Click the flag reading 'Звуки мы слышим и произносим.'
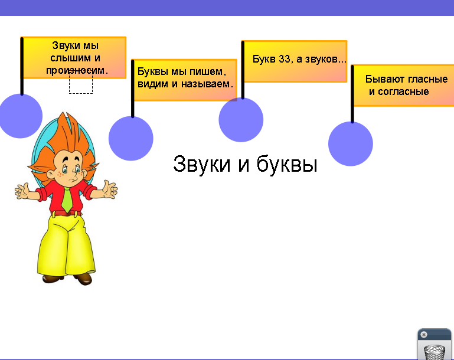click(x=74, y=58)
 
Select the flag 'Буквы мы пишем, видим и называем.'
click(x=185, y=80)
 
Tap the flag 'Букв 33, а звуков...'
click(x=295, y=61)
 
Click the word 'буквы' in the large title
click(x=287, y=164)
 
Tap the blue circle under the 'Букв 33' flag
click(x=241, y=120)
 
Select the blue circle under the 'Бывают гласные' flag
click(x=351, y=144)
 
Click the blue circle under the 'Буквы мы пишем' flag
click(x=131, y=138)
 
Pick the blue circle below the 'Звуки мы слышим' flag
click(x=20, y=116)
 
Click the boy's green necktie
click(x=67, y=199)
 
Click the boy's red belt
click(x=66, y=214)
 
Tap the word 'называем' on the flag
click(x=205, y=84)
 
